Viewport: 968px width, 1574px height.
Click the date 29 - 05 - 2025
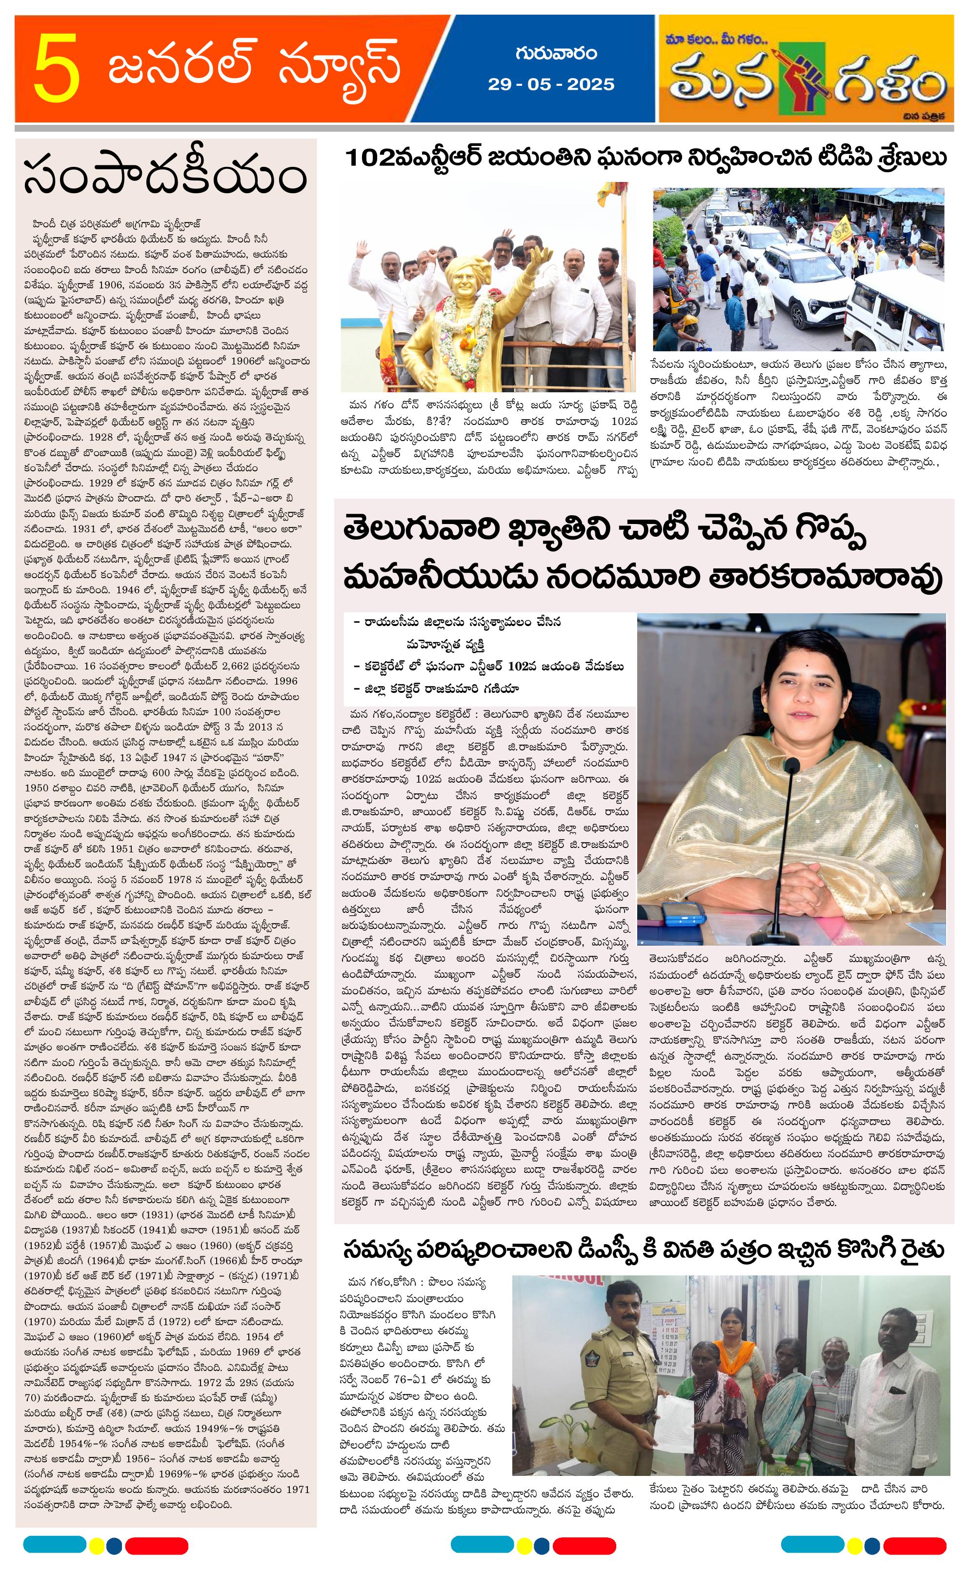tap(550, 84)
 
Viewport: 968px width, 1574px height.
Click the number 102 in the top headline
tap(369, 158)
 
